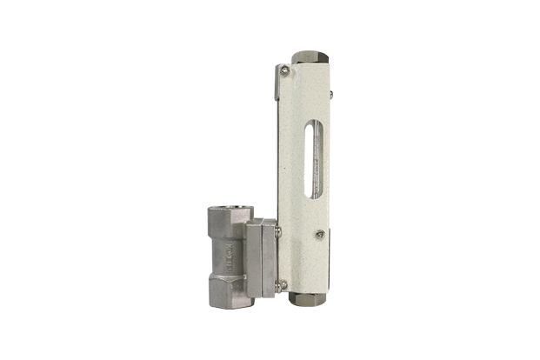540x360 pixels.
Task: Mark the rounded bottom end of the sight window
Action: (x=311, y=196)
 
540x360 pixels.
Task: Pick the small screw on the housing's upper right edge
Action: (x=331, y=91)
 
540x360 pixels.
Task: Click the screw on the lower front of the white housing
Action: (x=320, y=234)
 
